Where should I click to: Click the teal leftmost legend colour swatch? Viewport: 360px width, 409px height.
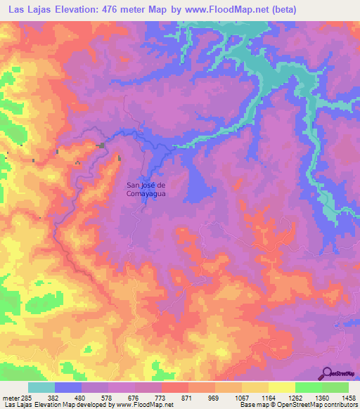(41, 387)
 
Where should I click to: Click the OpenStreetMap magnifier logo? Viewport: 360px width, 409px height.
(328, 374)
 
